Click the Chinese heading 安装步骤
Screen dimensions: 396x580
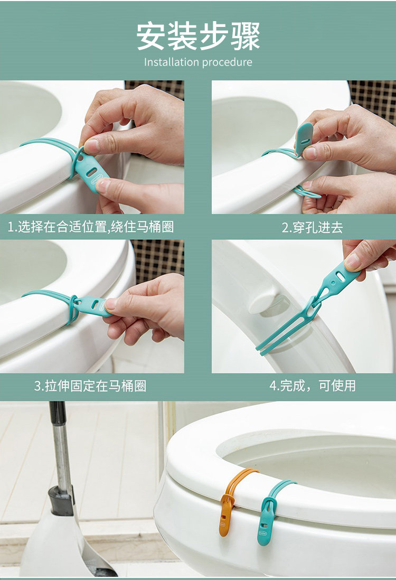click(198, 36)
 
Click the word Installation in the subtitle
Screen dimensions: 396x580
click(171, 62)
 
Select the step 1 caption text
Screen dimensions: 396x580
click(91, 227)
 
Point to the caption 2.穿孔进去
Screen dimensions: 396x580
click(313, 227)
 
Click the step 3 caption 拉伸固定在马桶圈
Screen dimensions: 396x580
click(90, 386)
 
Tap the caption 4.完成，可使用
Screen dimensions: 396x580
click(313, 386)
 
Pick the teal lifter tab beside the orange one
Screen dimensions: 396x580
click(270, 516)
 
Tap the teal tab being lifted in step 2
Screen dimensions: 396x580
click(304, 139)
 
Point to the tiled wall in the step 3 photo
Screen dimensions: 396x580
click(158, 261)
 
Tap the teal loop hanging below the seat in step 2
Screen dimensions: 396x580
click(306, 192)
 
